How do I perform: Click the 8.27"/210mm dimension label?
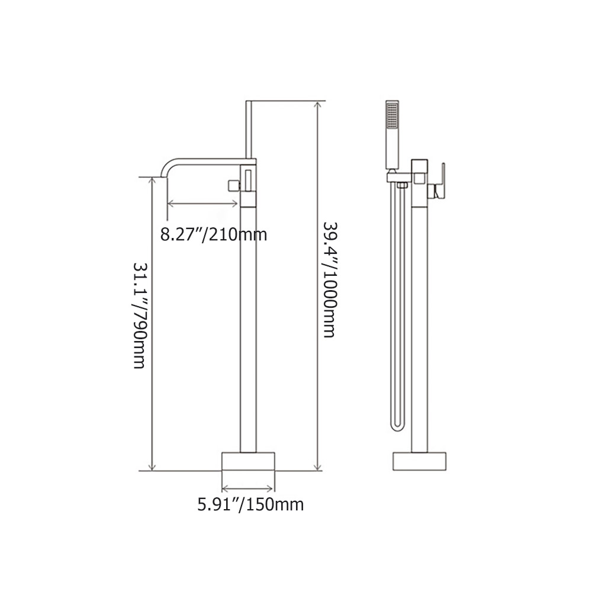[214, 234]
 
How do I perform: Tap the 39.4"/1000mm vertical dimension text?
[329, 279]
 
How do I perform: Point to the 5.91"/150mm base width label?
[250, 504]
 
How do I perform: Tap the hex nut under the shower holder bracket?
[401, 186]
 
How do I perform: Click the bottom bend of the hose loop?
[398, 427]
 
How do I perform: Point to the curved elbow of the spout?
[169, 164]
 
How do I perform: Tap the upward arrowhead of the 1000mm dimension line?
[318, 107]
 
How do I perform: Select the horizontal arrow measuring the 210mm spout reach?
[204, 204]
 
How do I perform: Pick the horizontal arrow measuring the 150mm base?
[248, 488]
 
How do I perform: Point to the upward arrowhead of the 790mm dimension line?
[153, 182]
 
